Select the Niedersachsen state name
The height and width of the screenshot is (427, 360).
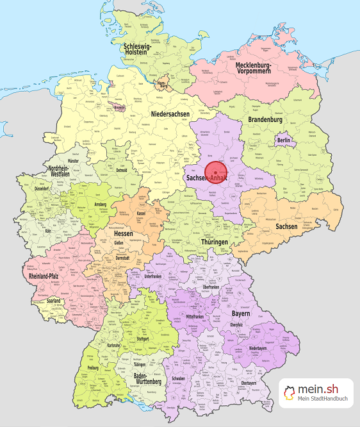tap(170, 114)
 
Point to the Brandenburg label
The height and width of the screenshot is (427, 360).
tap(265, 120)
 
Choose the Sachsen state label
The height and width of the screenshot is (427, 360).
tap(286, 226)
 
